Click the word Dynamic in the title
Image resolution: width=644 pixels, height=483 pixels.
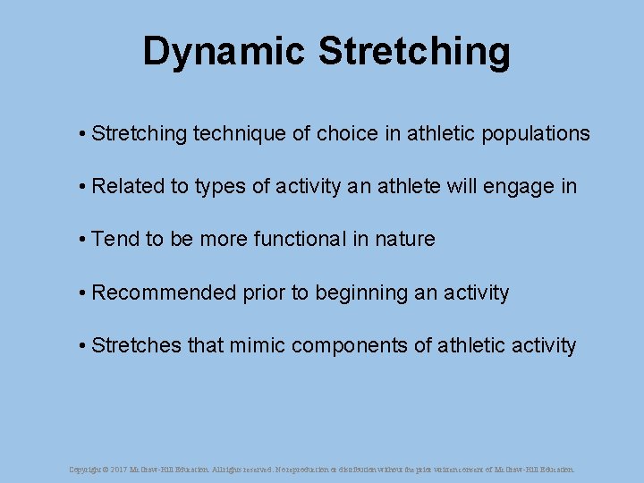pyautogui.click(x=223, y=52)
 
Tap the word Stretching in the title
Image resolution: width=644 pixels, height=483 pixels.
pyautogui.click(x=414, y=52)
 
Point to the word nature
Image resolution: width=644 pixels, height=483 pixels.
pyautogui.click(x=405, y=239)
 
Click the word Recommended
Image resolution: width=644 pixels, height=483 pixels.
pyautogui.click(x=165, y=292)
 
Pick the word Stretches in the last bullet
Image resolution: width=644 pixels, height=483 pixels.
pyautogui.click(x=137, y=345)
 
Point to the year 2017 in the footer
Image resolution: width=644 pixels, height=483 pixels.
pyautogui.click(x=120, y=469)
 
